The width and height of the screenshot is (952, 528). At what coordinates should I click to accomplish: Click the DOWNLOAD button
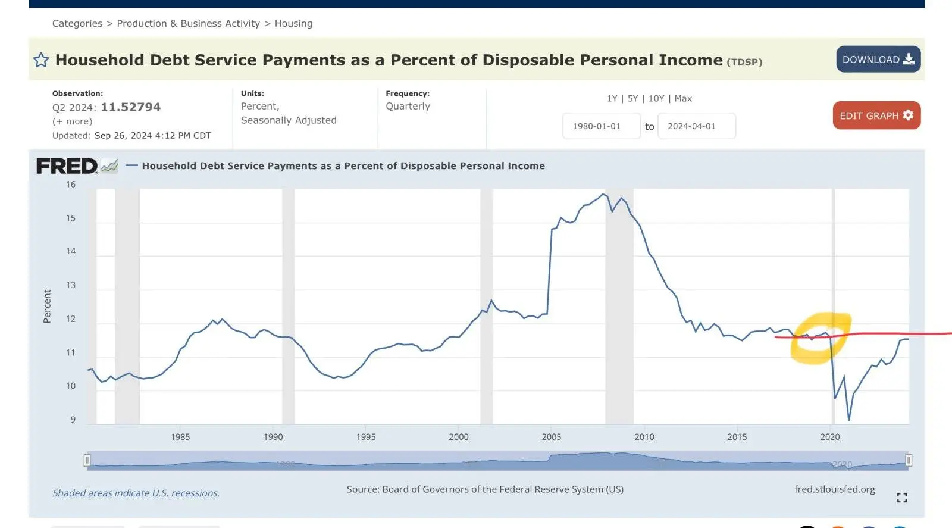click(x=878, y=60)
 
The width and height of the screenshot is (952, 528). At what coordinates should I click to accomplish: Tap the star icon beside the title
click(x=41, y=60)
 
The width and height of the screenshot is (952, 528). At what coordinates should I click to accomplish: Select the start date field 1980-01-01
click(x=601, y=126)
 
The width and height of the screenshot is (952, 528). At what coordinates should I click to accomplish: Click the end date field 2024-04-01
click(x=696, y=126)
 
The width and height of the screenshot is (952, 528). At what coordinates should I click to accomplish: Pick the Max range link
click(x=683, y=99)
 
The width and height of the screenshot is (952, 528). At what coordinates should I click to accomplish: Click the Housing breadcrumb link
click(x=293, y=24)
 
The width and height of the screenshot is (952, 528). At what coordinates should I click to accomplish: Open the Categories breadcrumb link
click(x=77, y=24)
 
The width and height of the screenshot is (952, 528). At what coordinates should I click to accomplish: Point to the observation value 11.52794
click(x=130, y=107)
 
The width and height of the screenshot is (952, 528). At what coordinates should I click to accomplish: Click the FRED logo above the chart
click(x=67, y=166)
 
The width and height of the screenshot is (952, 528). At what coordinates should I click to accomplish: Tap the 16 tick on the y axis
click(x=71, y=185)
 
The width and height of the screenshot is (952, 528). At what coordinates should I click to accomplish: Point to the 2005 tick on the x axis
click(x=552, y=437)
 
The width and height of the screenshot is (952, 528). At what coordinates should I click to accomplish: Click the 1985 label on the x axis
click(x=180, y=437)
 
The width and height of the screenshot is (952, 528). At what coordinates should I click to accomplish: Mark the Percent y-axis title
click(x=47, y=307)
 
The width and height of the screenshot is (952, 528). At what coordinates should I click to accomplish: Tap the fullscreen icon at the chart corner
click(x=902, y=498)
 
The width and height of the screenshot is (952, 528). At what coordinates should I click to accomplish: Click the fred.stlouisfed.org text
click(x=834, y=489)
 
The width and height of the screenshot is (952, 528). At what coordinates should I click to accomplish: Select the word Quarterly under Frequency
click(x=408, y=107)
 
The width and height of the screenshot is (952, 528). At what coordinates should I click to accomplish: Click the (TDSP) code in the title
click(x=744, y=62)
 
